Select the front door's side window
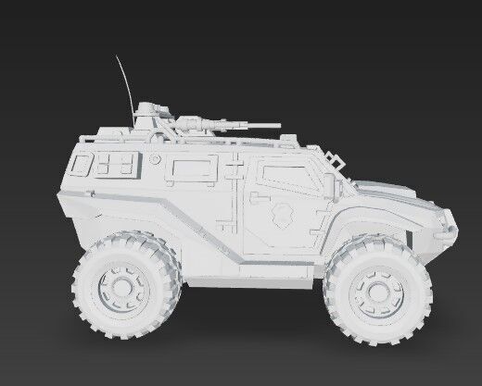pos(284,172)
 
